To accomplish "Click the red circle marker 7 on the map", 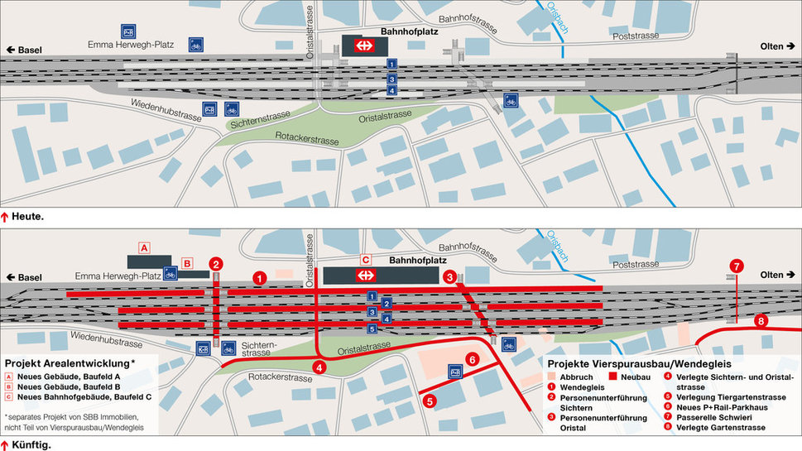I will [735, 266].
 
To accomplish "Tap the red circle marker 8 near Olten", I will [761, 321].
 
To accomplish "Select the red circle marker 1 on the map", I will [259, 278].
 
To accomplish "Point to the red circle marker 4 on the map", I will [319, 367].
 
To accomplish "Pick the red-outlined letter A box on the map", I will [143, 247].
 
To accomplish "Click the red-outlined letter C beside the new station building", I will [365, 258].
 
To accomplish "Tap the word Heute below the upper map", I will [30, 216].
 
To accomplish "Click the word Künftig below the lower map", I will [33, 445].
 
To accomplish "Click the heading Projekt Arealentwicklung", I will [69, 363].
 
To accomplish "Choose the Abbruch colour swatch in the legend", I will [554, 377].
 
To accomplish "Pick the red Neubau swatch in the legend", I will [614, 377].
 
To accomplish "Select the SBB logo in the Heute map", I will [363, 46].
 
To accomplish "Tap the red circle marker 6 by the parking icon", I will [472, 359].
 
